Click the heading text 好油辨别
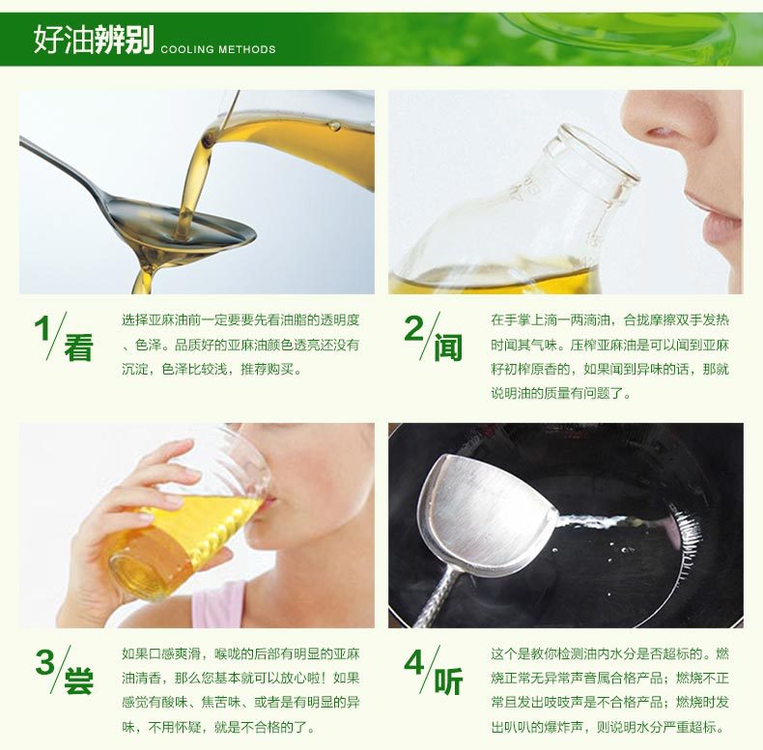(94, 39)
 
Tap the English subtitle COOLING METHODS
(218, 49)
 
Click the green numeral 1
(42, 329)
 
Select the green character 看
(78, 347)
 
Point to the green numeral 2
(414, 328)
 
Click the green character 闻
(448, 347)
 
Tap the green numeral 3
(44, 662)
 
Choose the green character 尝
(78, 681)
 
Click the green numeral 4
(414, 662)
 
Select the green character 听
(448, 681)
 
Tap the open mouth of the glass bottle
(601, 152)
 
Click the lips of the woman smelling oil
(716, 214)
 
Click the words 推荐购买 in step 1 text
(268, 369)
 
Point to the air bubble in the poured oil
(334, 125)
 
